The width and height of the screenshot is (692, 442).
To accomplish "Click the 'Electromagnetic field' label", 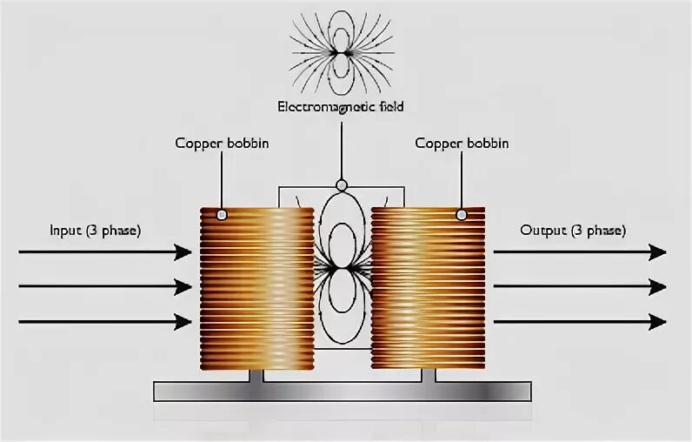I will click(x=341, y=107).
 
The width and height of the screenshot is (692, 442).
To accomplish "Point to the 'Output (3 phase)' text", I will click(x=572, y=231).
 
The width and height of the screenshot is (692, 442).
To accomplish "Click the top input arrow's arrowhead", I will click(x=183, y=252).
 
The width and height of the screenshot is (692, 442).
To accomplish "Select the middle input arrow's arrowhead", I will click(x=183, y=287).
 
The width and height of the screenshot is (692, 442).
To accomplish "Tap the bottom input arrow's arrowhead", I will click(x=183, y=322).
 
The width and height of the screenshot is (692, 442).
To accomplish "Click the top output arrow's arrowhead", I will click(x=657, y=252).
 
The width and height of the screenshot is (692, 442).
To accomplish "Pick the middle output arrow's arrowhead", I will click(x=657, y=287).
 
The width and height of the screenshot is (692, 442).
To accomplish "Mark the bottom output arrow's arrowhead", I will click(x=657, y=322).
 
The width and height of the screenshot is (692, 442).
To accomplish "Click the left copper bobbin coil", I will click(x=256, y=287).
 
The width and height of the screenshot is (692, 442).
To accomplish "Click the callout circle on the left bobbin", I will click(x=222, y=214).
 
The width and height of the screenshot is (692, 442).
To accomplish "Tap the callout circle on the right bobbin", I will click(x=462, y=214).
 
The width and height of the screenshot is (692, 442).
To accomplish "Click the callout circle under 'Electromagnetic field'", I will click(x=341, y=184).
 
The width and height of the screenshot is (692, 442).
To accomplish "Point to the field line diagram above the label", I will click(x=341, y=52).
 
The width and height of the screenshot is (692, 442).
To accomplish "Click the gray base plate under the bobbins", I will click(x=343, y=391).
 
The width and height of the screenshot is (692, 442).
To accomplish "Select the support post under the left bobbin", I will click(x=256, y=375).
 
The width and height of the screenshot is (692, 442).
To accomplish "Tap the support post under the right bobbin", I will click(x=428, y=375).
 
